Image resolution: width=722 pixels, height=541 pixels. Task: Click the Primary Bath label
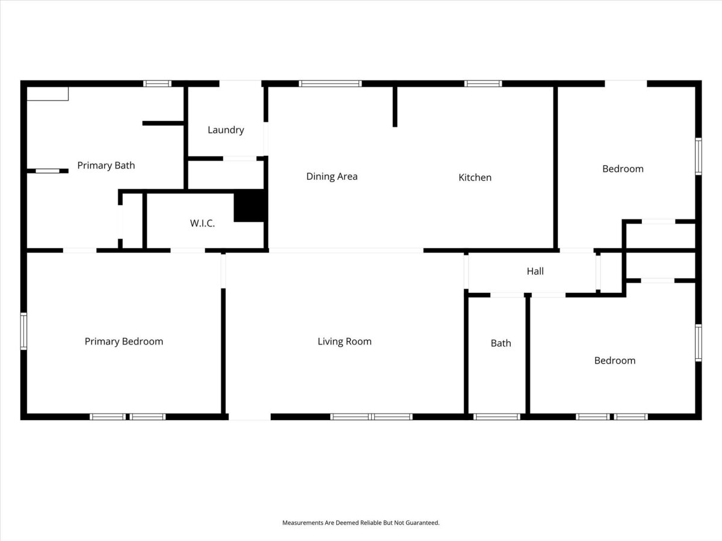coord(106,165)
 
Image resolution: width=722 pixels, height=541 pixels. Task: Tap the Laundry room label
coord(226,130)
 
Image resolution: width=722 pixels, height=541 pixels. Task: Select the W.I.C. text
coord(202,224)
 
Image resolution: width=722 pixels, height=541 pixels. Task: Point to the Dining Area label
coord(332,176)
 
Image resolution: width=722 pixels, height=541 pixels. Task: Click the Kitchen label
coord(475,177)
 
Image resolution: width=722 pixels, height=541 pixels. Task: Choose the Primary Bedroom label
coord(124,341)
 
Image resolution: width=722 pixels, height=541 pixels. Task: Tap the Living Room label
coord(345,341)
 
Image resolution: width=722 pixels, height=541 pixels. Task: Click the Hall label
coord(535,271)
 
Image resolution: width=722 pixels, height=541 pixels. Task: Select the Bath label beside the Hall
coord(501,343)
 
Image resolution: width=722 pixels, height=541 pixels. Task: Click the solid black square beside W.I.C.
coord(249,206)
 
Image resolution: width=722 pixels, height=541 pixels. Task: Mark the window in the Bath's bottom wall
coord(497,417)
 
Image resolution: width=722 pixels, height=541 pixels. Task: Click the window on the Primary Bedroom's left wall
coord(23,331)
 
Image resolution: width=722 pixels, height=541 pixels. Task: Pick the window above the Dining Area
coord(330,84)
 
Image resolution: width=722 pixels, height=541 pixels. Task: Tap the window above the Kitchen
coord(483,84)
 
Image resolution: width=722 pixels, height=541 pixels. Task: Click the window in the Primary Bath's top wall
coord(157,84)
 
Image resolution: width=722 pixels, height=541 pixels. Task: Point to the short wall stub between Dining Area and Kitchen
coord(395,107)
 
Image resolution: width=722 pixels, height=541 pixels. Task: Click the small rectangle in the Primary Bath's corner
coord(48,94)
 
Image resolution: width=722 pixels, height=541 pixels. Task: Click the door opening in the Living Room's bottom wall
coord(250,417)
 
